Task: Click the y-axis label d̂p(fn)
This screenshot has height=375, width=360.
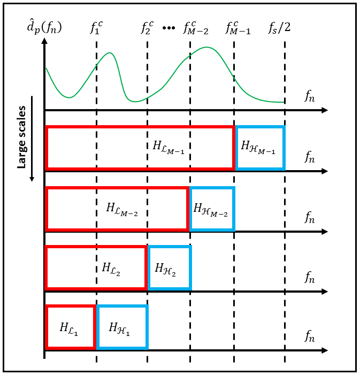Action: [x=44, y=27]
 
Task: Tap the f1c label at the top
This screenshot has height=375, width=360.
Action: [x=96, y=27]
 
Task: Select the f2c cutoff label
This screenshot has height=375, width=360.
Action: [x=147, y=27]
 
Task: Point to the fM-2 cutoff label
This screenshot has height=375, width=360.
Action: [x=196, y=28]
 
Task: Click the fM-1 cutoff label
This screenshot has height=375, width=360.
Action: [x=238, y=28]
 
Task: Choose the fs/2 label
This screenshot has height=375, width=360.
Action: [x=279, y=27]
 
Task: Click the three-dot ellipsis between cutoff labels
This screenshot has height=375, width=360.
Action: [x=168, y=28]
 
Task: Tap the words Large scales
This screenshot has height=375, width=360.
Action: [x=22, y=137]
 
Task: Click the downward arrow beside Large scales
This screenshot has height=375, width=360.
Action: [x=32, y=139]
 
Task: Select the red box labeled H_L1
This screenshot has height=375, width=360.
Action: [x=47, y=327]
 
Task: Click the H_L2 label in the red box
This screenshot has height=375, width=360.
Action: [x=111, y=269]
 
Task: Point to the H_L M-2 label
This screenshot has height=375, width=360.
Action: [x=122, y=209]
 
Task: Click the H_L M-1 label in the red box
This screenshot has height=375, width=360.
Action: [x=168, y=147]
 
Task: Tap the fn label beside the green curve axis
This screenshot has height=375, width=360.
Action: [x=310, y=96]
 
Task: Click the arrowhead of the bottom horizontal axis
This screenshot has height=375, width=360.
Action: [x=325, y=350]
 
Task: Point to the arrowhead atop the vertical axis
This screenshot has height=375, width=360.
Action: [x=44, y=41]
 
